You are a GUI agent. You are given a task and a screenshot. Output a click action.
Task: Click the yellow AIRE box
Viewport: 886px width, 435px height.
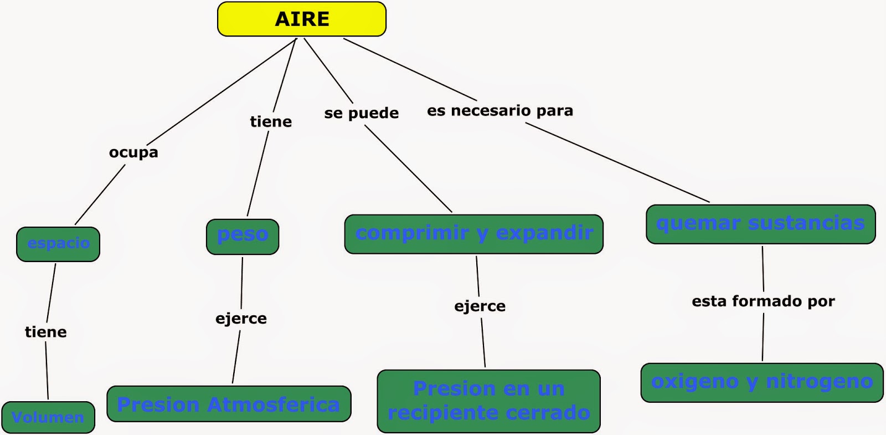(x=302, y=19)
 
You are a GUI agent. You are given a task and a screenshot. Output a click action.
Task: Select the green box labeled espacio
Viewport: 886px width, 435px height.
(x=58, y=244)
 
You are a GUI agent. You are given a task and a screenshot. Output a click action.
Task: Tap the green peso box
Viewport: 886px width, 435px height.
(x=243, y=236)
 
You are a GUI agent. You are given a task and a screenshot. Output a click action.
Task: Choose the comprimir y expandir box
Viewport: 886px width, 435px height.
(x=473, y=234)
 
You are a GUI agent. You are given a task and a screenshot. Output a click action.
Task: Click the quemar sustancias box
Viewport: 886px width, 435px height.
(x=760, y=224)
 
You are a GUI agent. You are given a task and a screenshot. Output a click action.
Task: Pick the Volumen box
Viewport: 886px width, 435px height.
(x=48, y=417)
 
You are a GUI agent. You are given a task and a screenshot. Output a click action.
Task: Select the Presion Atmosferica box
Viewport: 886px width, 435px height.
(x=229, y=404)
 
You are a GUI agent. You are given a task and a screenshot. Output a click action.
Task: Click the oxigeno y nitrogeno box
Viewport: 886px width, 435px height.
(x=762, y=382)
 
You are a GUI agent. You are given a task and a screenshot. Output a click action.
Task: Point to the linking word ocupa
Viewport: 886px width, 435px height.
(x=133, y=152)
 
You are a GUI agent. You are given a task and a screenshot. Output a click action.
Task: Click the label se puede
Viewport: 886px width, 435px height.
(x=361, y=113)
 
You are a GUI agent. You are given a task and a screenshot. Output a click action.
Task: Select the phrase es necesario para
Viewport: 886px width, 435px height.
(x=500, y=111)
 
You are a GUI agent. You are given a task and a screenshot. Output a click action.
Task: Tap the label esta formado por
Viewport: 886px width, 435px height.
(x=763, y=301)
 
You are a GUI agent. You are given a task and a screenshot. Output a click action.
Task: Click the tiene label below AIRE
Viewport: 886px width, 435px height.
(x=271, y=122)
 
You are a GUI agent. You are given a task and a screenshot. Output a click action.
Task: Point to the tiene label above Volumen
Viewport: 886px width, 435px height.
(x=46, y=332)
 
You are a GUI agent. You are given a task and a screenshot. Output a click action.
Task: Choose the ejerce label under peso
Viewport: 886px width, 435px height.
(x=241, y=319)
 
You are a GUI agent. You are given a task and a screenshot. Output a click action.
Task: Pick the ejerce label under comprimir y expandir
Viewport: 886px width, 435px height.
(x=480, y=306)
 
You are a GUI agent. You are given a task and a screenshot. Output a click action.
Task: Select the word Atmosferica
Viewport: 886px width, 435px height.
(x=273, y=405)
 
